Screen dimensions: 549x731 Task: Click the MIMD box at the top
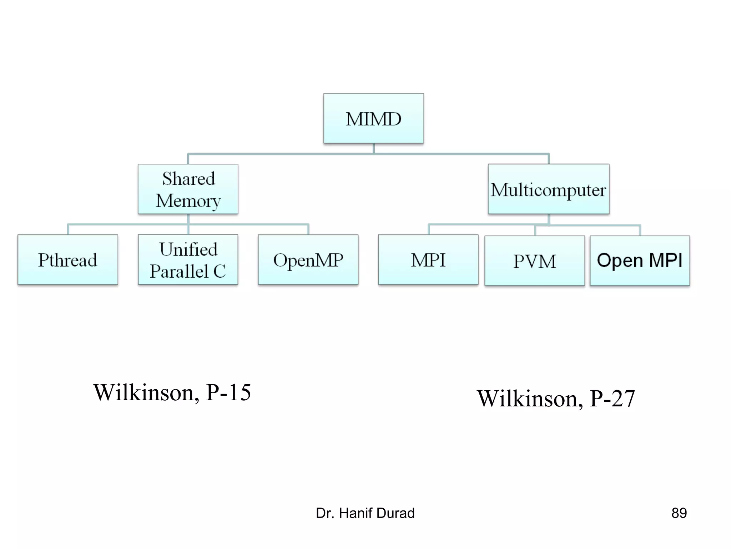tap(373, 118)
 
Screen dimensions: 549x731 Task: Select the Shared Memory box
tap(188, 189)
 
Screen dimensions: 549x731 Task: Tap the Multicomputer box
tap(548, 189)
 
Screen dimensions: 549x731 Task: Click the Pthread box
tap(67, 259)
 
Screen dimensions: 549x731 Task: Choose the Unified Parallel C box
tap(188, 259)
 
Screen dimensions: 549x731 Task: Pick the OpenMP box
tap(308, 259)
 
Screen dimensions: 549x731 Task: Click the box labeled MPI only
tap(428, 259)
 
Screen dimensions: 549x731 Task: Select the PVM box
tap(534, 261)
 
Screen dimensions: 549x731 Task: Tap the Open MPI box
tap(640, 261)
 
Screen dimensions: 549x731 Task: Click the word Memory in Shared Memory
tap(188, 201)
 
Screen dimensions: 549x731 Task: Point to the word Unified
tap(188, 249)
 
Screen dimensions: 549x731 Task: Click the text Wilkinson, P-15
tap(172, 392)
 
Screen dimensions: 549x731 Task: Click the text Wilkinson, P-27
tap(556, 398)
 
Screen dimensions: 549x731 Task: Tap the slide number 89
tap(679, 513)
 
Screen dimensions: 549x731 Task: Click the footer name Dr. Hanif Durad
tap(365, 513)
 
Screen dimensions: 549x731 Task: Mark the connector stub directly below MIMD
tap(373, 148)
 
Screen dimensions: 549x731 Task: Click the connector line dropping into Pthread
tap(68, 229)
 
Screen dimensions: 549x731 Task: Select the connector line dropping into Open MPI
tap(640, 230)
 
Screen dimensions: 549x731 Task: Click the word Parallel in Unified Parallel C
tap(179, 271)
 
